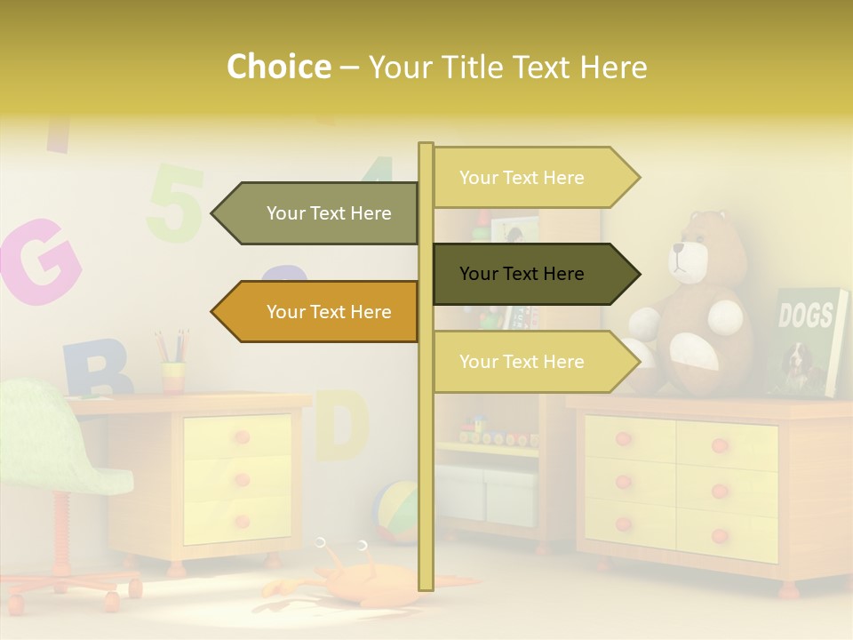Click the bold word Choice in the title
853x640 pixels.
point(278,67)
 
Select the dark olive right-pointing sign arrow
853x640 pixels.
point(533,274)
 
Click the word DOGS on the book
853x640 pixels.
point(805,316)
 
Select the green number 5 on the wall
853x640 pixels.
point(175,203)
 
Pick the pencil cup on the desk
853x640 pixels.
point(173,375)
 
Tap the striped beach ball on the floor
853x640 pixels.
point(398,512)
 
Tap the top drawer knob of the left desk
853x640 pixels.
point(240,437)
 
